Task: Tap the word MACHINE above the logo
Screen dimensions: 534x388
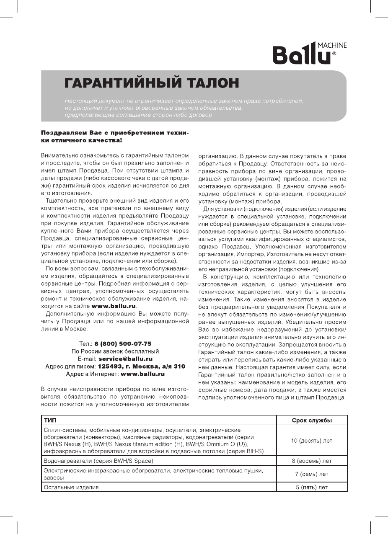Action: [332, 45]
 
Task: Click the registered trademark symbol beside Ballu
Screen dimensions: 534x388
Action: [334, 54]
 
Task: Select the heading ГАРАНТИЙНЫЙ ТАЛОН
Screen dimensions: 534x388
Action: [151, 83]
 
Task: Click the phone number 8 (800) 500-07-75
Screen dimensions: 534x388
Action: [123, 343]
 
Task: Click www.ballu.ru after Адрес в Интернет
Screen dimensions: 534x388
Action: [142, 374]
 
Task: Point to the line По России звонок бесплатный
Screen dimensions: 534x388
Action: [115, 351]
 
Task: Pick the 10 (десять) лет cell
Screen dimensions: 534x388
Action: [312, 441]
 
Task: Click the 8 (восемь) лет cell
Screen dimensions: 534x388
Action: [312, 461]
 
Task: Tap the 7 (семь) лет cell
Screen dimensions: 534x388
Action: [312, 475]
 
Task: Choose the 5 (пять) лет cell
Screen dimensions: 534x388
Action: [312, 488]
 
